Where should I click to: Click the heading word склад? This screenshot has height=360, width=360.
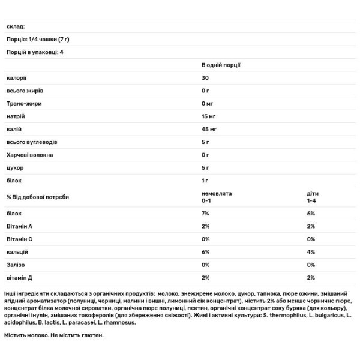(x=15, y=26)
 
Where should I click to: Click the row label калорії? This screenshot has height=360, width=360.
(x=17, y=77)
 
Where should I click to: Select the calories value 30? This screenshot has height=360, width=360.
(x=206, y=77)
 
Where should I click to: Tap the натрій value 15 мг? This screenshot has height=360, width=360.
(x=211, y=116)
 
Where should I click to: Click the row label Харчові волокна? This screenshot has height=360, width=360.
(x=30, y=155)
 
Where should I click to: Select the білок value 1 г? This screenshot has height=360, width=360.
(x=205, y=181)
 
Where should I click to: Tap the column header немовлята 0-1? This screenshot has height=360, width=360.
(x=216, y=197)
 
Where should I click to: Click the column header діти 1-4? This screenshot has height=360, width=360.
(x=313, y=197)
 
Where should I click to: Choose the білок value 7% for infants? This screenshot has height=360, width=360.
(x=205, y=213)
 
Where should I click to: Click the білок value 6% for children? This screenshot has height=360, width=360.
(x=311, y=213)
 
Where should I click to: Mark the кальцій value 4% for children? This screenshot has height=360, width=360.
(x=311, y=252)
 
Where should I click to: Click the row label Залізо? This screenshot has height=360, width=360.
(x=17, y=265)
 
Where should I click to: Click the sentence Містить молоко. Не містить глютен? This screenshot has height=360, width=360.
(x=53, y=334)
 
